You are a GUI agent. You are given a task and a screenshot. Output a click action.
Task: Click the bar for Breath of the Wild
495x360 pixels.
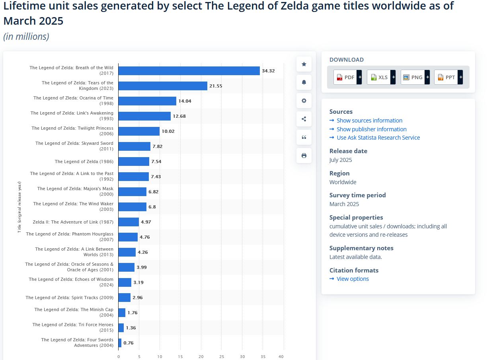pyautogui.click(x=189, y=71)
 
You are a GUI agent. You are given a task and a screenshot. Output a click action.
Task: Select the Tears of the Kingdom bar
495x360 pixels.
pyautogui.click(x=163, y=86)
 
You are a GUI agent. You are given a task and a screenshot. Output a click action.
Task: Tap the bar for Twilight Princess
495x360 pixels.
pyautogui.click(x=139, y=131)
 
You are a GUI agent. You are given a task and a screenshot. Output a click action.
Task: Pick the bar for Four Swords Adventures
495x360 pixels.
pyautogui.click(x=120, y=343)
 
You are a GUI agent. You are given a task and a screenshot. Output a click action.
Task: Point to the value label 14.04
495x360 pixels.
pyautogui.click(x=185, y=101)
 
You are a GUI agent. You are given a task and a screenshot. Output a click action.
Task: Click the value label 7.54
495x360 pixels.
pyautogui.click(x=156, y=162)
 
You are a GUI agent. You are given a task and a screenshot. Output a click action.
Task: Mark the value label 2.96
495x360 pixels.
pyautogui.click(x=137, y=298)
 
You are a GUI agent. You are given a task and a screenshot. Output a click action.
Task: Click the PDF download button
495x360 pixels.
pyautogui.click(x=347, y=77)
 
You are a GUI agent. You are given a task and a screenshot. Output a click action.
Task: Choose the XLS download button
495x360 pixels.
pyautogui.click(x=381, y=77)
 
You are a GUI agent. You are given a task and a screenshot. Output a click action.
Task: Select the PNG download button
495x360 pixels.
pyautogui.click(x=415, y=77)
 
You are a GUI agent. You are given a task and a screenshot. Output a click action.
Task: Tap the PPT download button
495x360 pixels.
pyautogui.click(x=448, y=77)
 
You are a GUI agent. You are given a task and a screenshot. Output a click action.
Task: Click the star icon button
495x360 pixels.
pyautogui.click(x=304, y=64)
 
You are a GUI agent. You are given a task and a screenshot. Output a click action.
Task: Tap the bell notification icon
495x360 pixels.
pyautogui.click(x=304, y=82)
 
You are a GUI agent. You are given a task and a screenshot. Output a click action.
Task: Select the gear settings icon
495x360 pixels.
pyautogui.click(x=304, y=101)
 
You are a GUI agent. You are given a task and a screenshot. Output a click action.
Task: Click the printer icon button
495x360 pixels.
pyautogui.click(x=304, y=156)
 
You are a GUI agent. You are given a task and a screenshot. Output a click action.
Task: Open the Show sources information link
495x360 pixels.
pyautogui.click(x=369, y=121)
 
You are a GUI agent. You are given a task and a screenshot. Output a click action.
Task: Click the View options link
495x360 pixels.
pyautogui.click(x=353, y=279)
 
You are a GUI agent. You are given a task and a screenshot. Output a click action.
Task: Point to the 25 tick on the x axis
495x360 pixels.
pyautogui.click(x=222, y=357)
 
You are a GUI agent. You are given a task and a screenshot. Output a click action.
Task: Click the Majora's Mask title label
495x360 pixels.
pyautogui.click(x=75, y=191)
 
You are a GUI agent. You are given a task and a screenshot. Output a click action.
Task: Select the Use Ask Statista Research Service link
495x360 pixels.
pyautogui.click(x=378, y=138)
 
